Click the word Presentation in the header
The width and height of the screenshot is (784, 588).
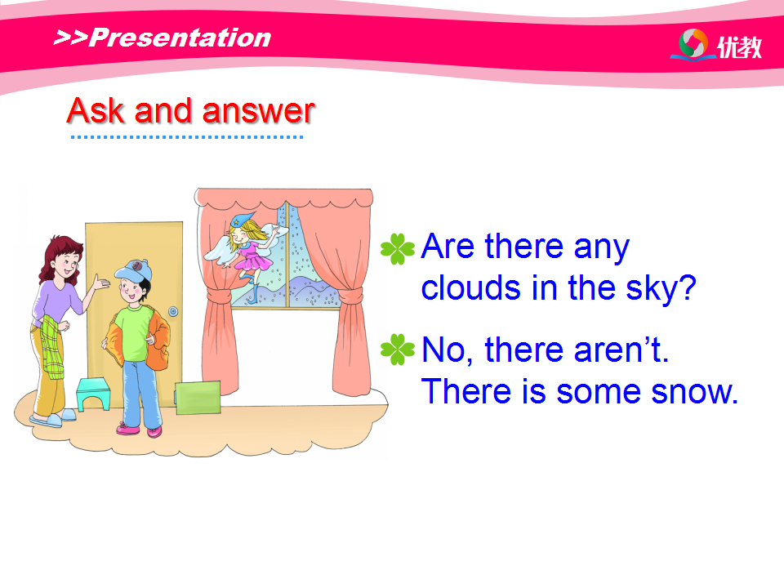tap(180, 38)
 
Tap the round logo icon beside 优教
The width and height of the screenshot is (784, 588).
tap(693, 43)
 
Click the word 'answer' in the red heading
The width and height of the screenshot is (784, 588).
tap(259, 111)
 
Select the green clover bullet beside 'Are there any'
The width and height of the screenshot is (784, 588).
tap(398, 248)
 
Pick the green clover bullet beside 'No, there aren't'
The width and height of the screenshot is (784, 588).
tap(398, 350)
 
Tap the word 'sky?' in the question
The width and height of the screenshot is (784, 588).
tap(661, 289)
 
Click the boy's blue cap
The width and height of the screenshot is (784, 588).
tap(133, 270)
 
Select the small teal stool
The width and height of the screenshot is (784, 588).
tap(93, 394)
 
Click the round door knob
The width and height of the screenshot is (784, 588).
tap(173, 311)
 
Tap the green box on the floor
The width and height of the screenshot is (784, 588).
tap(198, 398)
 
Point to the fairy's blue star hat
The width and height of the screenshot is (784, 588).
tap(242, 220)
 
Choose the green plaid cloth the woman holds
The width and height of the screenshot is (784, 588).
tap(52, 346)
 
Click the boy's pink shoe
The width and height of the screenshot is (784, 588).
tap(128, 428)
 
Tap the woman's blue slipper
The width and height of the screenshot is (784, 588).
tap(46, 421)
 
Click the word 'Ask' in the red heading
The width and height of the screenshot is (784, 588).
tap(96, 110)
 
